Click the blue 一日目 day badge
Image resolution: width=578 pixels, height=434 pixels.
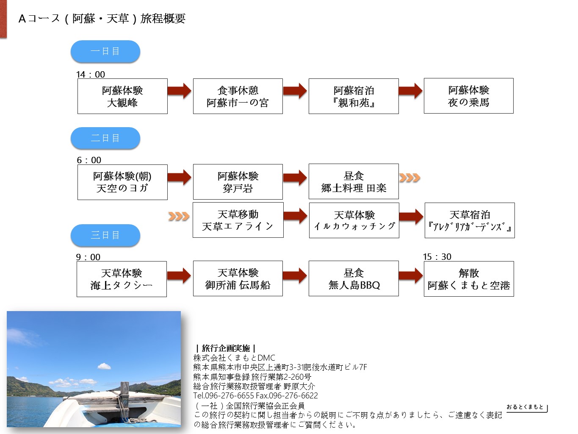[105, 52]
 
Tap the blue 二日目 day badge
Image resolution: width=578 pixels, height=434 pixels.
[105, 138]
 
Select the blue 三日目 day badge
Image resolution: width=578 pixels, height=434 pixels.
[105, 235]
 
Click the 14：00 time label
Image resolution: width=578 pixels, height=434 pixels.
[91, 75]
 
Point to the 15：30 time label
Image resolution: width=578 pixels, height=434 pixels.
[437, 257]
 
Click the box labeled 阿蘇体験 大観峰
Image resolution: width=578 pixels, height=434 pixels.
[122, 96]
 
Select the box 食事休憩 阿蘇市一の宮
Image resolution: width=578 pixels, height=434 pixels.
[238, 96]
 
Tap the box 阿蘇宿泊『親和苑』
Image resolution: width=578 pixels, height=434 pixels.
[354, 96]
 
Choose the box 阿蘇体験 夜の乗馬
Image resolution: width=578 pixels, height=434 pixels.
[468, 96]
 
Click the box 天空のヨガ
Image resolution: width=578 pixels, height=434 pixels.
[122, 182]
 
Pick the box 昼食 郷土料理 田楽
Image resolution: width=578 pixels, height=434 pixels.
[354, 182]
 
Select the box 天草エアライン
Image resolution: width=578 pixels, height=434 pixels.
[238, 220]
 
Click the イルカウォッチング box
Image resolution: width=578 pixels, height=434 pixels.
[354, 220]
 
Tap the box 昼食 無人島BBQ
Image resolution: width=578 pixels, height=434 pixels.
[354, 278]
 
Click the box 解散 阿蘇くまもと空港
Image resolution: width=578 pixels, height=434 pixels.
[468, 279]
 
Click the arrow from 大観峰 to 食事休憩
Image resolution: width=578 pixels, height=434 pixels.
[179, 91]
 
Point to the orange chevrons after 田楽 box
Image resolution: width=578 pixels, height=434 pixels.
[409, 178]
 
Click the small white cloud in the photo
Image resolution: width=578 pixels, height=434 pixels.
[104, 366]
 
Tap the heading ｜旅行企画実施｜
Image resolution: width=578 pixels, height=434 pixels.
[226, 348]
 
